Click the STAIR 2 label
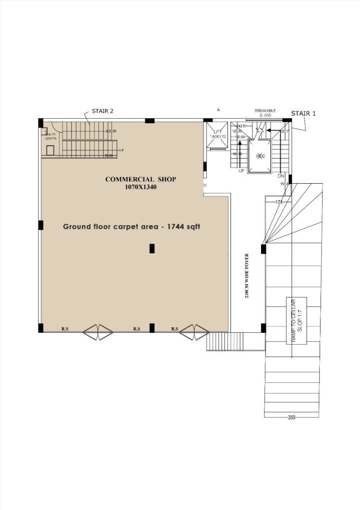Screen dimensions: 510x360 (x=102, y=111)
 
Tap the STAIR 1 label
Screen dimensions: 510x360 (x=303, y=114)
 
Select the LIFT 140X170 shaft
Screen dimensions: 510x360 (x=217, y=136)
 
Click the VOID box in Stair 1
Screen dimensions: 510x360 (x=259, y=156)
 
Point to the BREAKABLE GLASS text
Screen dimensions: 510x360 (x=265, y=113)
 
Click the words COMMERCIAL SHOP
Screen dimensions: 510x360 (x=140, y=179)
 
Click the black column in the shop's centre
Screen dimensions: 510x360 (x=152, y=248)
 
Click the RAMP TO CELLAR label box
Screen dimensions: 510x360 (x=296, y=320)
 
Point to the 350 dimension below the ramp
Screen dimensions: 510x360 (x=292, y=417)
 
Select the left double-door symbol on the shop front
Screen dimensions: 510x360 (x=98, y=332)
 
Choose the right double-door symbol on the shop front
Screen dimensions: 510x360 (x=194, y=332)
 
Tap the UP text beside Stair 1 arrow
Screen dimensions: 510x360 (x=241, y=171)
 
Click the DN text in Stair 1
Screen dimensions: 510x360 (x=280, y=176)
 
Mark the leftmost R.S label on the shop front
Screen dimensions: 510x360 (x=65, y=329)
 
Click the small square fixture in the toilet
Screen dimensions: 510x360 (x=50, y=150)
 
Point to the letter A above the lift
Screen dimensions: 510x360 (x=218, y=109)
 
